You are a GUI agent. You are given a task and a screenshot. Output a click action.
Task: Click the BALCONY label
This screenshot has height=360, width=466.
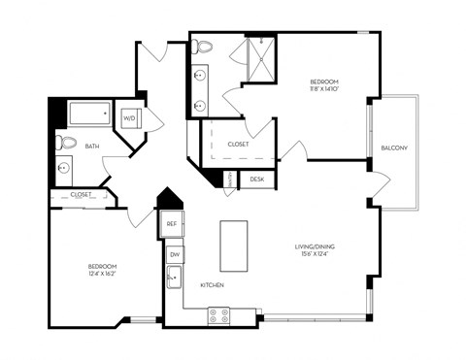click(x=394, y=147)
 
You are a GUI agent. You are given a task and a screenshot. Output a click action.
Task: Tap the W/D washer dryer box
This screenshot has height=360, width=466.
click(x=129, y=118)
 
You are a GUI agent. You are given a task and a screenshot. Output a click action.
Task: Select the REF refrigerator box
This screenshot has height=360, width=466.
click(x=172, y=223)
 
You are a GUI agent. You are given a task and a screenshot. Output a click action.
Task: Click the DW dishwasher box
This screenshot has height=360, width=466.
click(x=175, y=254)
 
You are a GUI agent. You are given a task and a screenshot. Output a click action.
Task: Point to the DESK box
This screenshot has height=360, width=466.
click(x=257, y=180)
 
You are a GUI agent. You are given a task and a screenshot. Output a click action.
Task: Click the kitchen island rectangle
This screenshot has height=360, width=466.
click(x=234, y=246)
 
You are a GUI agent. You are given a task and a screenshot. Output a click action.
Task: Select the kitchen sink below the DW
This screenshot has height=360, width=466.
click(x=175, y=278)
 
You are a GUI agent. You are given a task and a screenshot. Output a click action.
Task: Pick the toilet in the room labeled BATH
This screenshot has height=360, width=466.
click(x=66, y=143)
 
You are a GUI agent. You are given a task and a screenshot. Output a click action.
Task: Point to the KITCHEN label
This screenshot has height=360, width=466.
click(x=214, y=286)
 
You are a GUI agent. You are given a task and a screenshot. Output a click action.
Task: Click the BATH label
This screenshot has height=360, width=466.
click(x=92, y=147)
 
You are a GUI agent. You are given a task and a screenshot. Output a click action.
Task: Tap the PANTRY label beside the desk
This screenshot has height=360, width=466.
click(x=230, y=180)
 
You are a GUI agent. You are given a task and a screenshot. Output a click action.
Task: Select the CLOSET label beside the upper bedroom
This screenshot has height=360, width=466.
click(x=238, y=144)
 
